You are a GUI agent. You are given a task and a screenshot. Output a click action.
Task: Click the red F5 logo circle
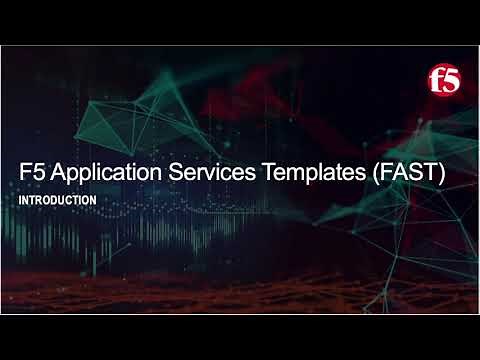point(443,79)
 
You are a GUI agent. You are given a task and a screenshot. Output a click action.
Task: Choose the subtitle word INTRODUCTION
point(58,200)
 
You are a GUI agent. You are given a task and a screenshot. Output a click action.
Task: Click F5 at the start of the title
point(31,173)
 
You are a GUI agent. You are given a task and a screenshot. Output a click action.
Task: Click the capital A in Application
point(54,173)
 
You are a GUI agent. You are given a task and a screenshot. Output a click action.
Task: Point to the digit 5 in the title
point(37,173)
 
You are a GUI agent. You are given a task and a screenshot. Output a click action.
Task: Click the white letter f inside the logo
point(437,79)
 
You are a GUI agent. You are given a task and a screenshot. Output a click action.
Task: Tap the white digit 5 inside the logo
point(448,80)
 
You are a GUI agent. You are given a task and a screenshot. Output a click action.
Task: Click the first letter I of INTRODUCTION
point(21,200)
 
